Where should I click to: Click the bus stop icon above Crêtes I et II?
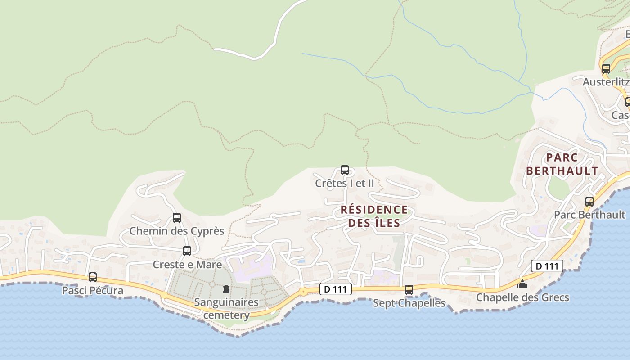coord(345,170)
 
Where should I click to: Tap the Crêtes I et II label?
coord(345,183)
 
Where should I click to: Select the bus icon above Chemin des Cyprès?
coord(177,218)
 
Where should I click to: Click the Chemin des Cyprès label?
coord(177,231)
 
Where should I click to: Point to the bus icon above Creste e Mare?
coord(187,251)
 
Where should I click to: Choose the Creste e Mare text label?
coord(187,264)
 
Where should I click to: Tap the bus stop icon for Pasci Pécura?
coord(93,277)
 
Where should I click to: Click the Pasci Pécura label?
coord(93,290)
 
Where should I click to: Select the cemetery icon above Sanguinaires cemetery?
coord(226,289)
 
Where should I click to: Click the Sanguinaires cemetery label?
coord(226,308)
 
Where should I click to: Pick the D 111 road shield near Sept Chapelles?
coord(336,289)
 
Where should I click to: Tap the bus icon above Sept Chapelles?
coord(409,290)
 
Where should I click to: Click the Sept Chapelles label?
coord(409,303)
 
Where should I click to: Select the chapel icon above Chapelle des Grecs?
coord(522,284)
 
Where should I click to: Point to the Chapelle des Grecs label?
coord(522,297)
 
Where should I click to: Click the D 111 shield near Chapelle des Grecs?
coord(547,266)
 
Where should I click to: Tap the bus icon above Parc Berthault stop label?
coord(589,202)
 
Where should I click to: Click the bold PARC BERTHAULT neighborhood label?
coord(562,164)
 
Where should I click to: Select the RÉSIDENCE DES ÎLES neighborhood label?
coord(374,216)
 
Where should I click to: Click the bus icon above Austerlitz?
coord(606,69)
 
